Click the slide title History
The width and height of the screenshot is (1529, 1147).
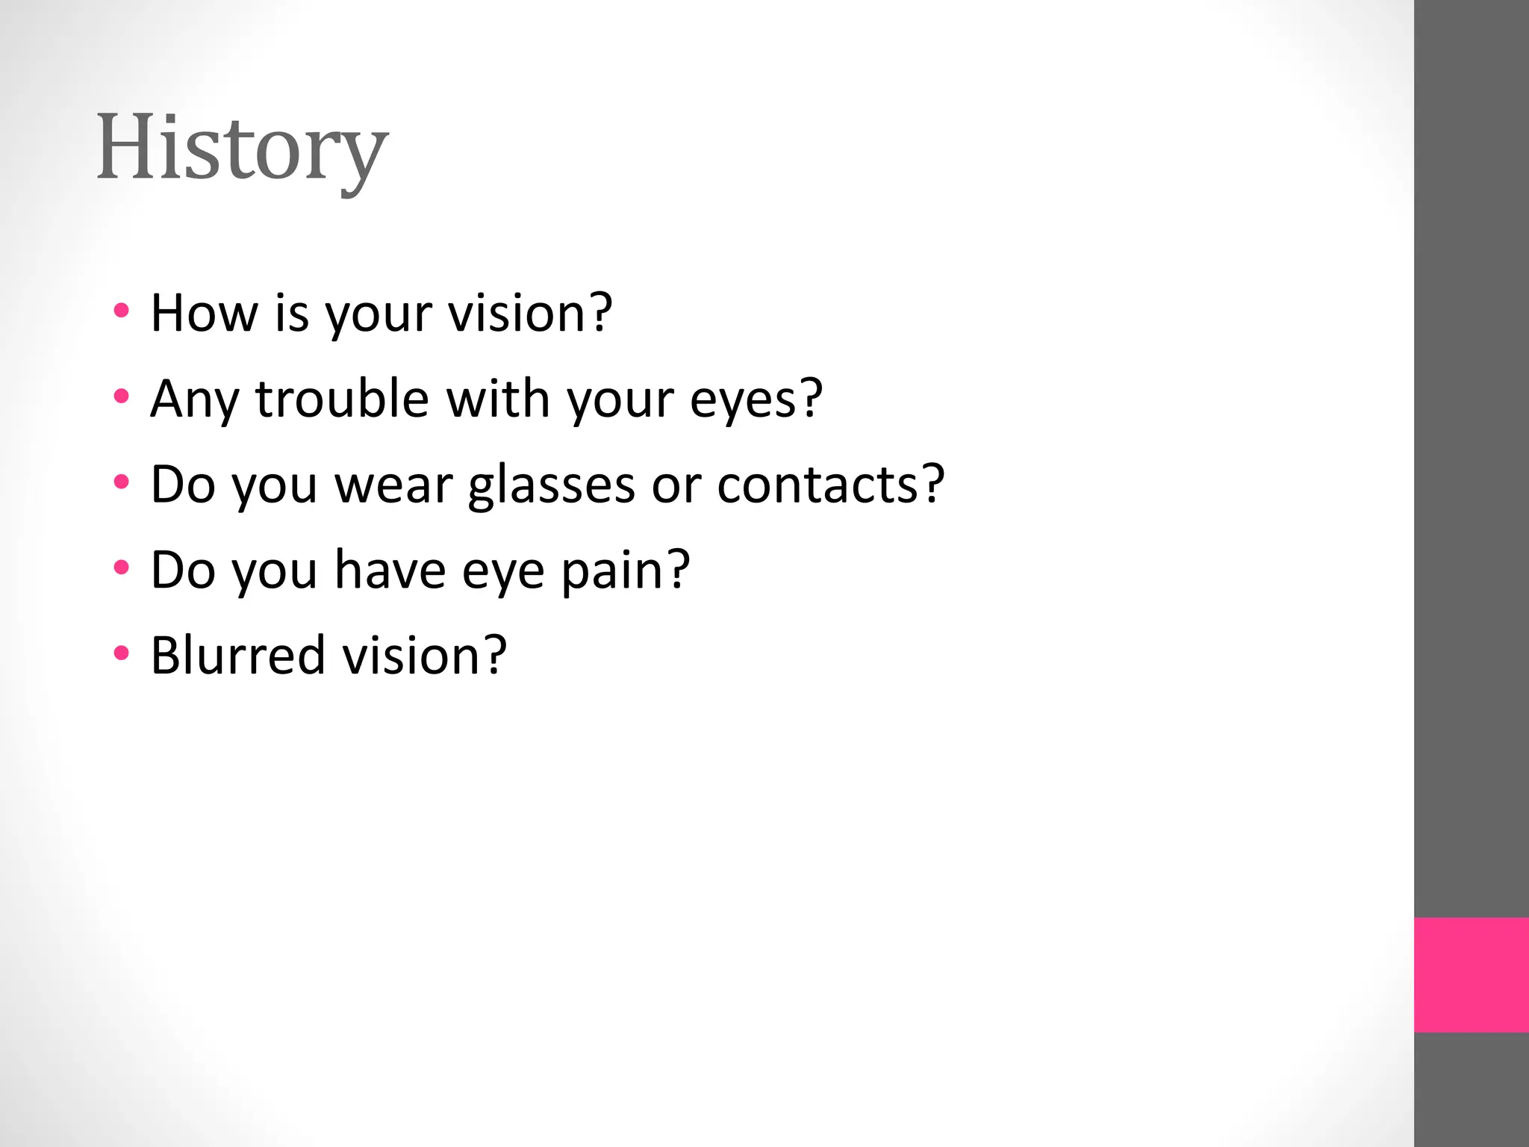pos(242,148)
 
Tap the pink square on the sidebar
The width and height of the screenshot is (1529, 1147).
pos(1471,975)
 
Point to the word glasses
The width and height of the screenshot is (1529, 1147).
pos(551,485)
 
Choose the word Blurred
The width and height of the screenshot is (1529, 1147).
pos(237,655)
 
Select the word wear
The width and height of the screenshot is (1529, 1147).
pos(393,485)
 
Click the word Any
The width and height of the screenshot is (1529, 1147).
pos(194,400)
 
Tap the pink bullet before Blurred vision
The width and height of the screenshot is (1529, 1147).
pos(122,653)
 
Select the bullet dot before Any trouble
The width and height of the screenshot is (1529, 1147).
pos(122,396)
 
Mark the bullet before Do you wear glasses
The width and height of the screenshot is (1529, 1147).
pos(122,482)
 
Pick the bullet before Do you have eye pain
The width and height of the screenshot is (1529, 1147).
pos(122,568)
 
